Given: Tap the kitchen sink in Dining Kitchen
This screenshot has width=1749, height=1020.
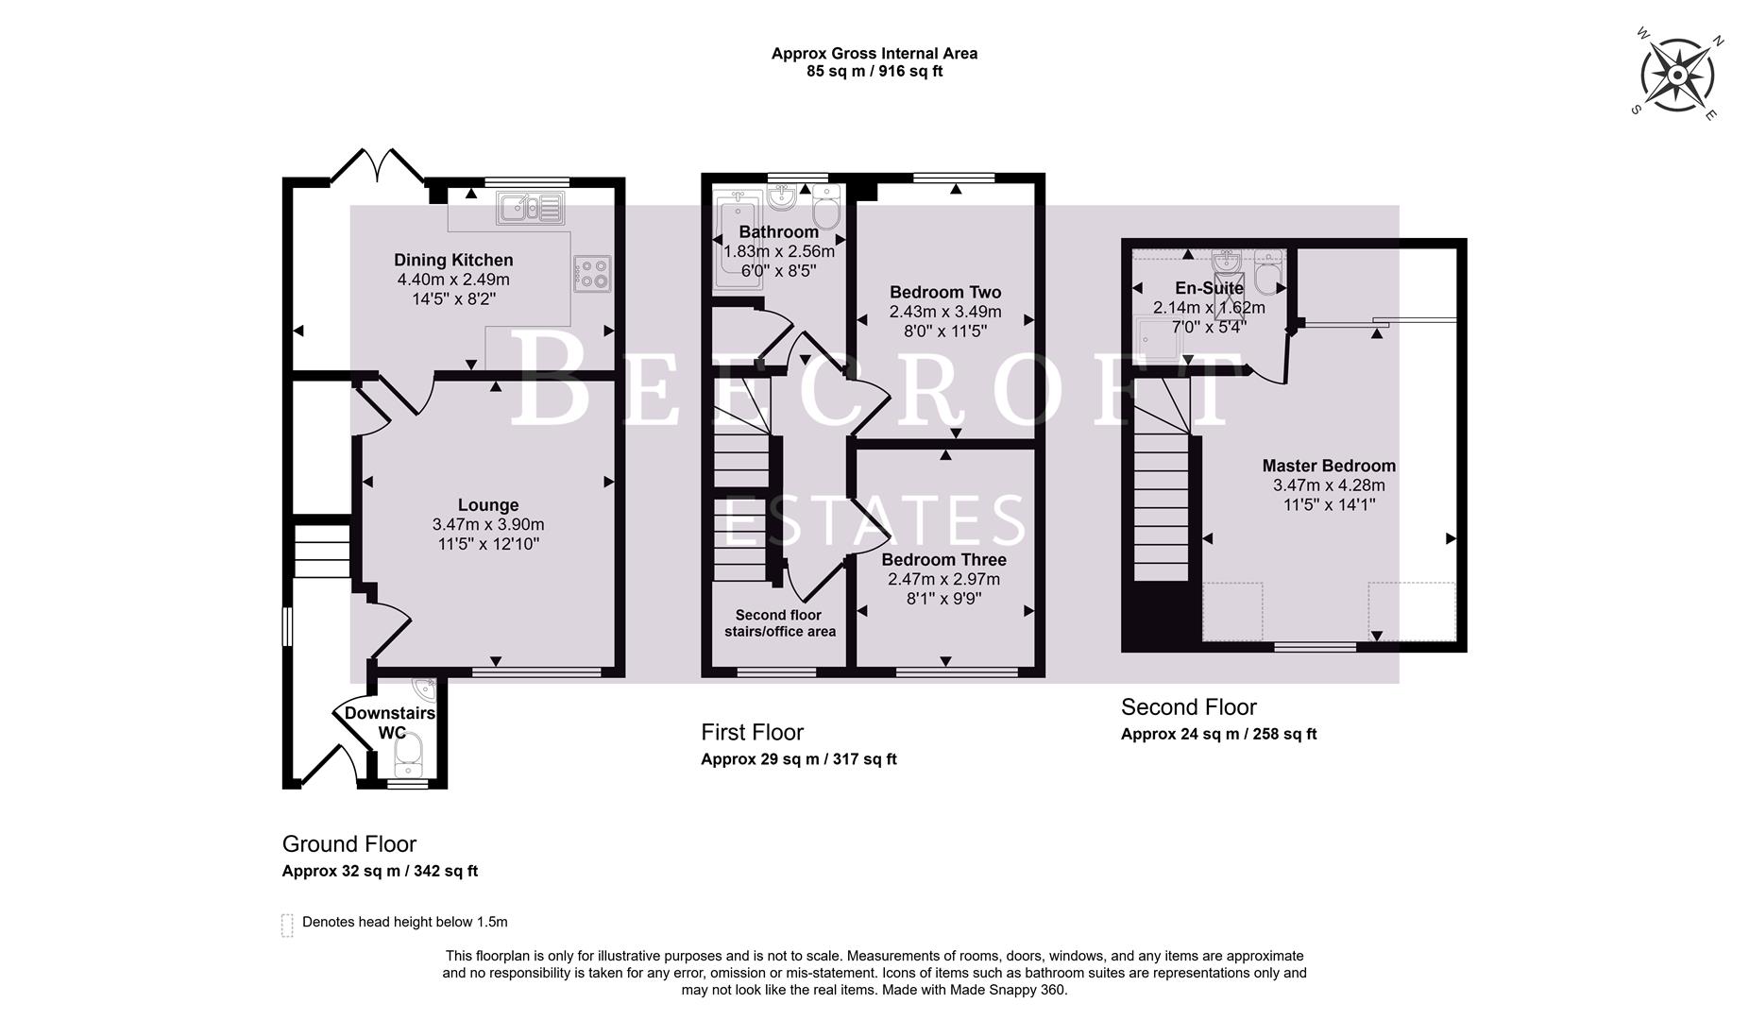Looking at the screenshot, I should (x=531, y=207).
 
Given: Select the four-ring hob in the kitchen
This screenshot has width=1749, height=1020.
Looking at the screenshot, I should (x=593, y=274).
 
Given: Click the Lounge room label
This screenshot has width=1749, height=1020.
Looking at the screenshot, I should (x=488, y=505).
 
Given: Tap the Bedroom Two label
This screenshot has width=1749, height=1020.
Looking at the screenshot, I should (x=944, y=292).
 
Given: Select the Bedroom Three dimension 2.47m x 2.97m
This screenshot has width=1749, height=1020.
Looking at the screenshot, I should (x=943, y=579).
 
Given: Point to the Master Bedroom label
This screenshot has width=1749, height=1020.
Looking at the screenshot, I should (x=1328, y=466).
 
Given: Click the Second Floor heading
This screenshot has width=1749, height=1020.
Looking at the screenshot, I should (x=1188, y=706).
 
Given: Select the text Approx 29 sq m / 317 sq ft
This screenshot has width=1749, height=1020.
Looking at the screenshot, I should (x=798, y=759).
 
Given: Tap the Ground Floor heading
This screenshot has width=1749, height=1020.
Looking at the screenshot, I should (x=348, y=843).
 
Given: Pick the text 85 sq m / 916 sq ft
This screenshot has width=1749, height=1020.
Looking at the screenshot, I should (x=874, y=72).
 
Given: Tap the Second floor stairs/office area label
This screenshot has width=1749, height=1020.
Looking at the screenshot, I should (x=779, y=623).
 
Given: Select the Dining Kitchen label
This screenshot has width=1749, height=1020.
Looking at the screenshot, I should (x=453, y=260).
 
